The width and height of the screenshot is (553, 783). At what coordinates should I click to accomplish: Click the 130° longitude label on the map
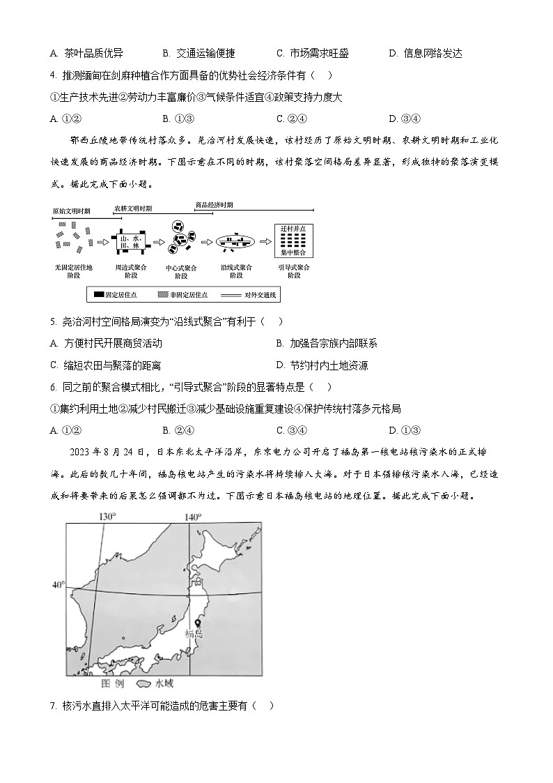(x=106, y=517)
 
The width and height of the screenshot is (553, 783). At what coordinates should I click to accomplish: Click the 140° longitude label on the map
(x=192, y=517)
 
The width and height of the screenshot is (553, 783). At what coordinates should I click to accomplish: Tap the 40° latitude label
(x=58, y=584)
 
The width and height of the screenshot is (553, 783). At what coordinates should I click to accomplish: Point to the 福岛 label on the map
(x=194, y=634)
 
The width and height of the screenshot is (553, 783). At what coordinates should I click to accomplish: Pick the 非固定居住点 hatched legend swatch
(x=164, y=295)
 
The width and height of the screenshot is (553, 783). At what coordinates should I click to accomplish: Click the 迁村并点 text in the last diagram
(x=293, y=229)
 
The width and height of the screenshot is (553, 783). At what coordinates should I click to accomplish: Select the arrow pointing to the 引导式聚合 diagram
(x=265, y=241)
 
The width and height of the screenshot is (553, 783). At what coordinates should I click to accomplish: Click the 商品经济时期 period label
(x=214, y=204)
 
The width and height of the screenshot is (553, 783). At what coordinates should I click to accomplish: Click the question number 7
(x=54, y=705)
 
